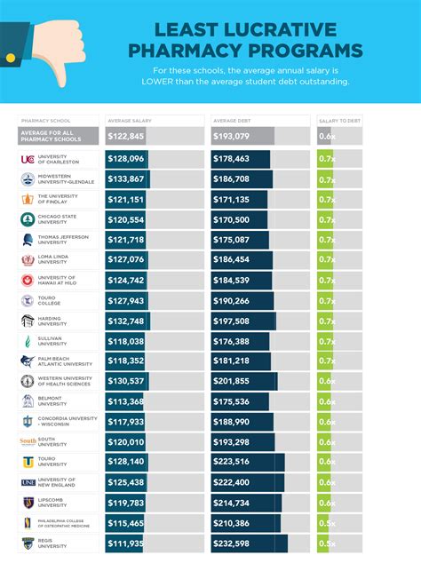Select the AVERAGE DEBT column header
pos(234,119)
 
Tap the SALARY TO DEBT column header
pos(339,119)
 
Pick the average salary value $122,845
pos(125,136)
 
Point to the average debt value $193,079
pos(232,136)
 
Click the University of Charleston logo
pos(28,159)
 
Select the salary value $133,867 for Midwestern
pos(125,179)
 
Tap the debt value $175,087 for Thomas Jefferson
pos(232,240)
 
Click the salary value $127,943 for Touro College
pos(125,301)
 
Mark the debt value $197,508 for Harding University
pos(232,321)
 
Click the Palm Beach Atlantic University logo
pos(28,361)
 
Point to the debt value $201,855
pos(232,381)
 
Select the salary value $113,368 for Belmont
pos(125,401)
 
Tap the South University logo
pos(28,441)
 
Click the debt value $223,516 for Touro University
pos(232,462)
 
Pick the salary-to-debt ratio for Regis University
pos(326,543)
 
